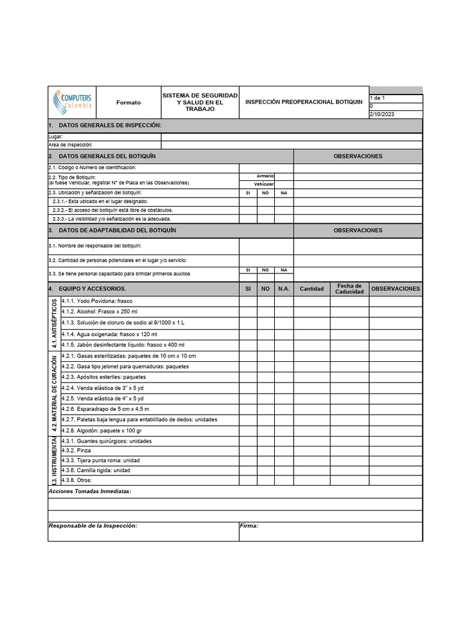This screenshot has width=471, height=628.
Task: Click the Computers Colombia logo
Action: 73,101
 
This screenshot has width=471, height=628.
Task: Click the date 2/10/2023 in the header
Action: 381,114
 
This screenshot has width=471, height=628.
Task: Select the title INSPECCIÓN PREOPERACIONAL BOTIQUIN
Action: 304,102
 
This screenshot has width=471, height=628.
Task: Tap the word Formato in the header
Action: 128,102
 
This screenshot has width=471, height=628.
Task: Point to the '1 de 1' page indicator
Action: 378,98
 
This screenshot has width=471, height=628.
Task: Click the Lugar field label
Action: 55,137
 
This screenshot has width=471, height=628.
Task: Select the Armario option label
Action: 266,176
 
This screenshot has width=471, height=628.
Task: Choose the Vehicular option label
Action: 264,184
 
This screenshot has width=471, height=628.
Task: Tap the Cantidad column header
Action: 312,289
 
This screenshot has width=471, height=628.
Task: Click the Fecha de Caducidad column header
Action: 349,288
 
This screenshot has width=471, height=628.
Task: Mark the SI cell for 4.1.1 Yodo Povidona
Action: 248,301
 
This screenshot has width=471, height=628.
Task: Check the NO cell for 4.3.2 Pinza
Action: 266,451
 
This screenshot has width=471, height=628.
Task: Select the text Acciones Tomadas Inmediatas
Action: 90,492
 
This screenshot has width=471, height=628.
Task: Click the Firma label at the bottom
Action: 249,526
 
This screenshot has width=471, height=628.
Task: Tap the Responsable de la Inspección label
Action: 93,526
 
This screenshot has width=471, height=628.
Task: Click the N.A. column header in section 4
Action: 283,289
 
